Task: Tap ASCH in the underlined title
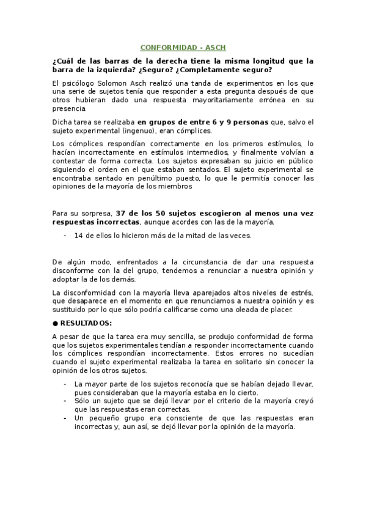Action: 214,47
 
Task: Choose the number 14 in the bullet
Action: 78,235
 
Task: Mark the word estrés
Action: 303,293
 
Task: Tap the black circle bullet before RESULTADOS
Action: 55,323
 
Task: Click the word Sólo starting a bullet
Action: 82,401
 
